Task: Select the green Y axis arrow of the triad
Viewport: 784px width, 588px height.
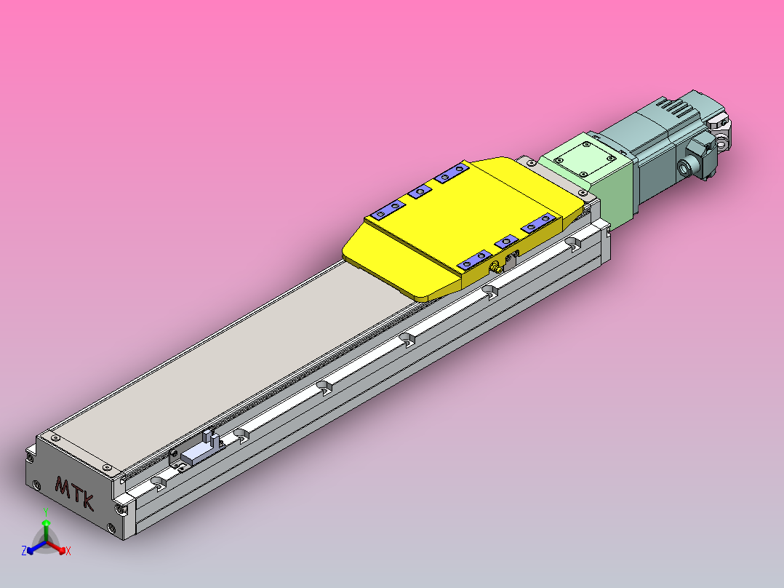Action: pyautogui.click(x=46, y=527)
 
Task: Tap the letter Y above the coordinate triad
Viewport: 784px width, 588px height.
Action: pyautogui.click(x=46, y=512)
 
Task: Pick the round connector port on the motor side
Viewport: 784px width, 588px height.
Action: pyautogui.click(x=685, y=169)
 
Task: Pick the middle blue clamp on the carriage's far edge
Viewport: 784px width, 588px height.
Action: pyautogui.click(x=419, y=191)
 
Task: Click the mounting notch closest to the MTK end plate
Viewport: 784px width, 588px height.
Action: pyautogui.click(x=159, y=482)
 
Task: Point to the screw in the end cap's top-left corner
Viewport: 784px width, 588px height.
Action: pyautogui.click(x=54, y=439)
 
